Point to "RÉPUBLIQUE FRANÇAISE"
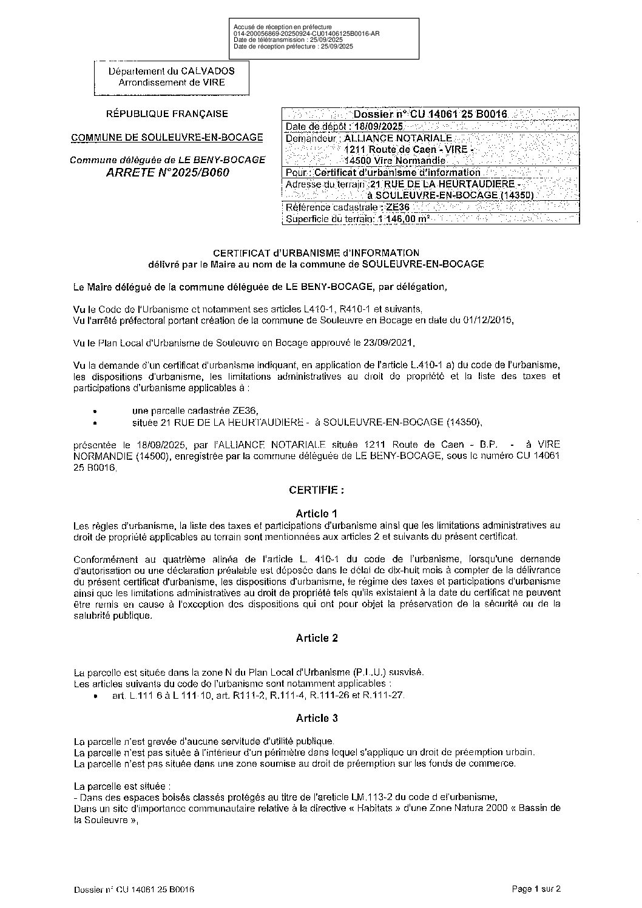click(167, 113)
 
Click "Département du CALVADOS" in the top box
click(171, 71)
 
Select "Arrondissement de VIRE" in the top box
click(171, 82)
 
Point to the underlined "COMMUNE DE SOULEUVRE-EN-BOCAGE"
click(167, 137)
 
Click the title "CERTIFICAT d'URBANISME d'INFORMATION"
click(316, 252)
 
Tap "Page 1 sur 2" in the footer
click(536, 889)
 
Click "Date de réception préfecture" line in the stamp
click(293, 46)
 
